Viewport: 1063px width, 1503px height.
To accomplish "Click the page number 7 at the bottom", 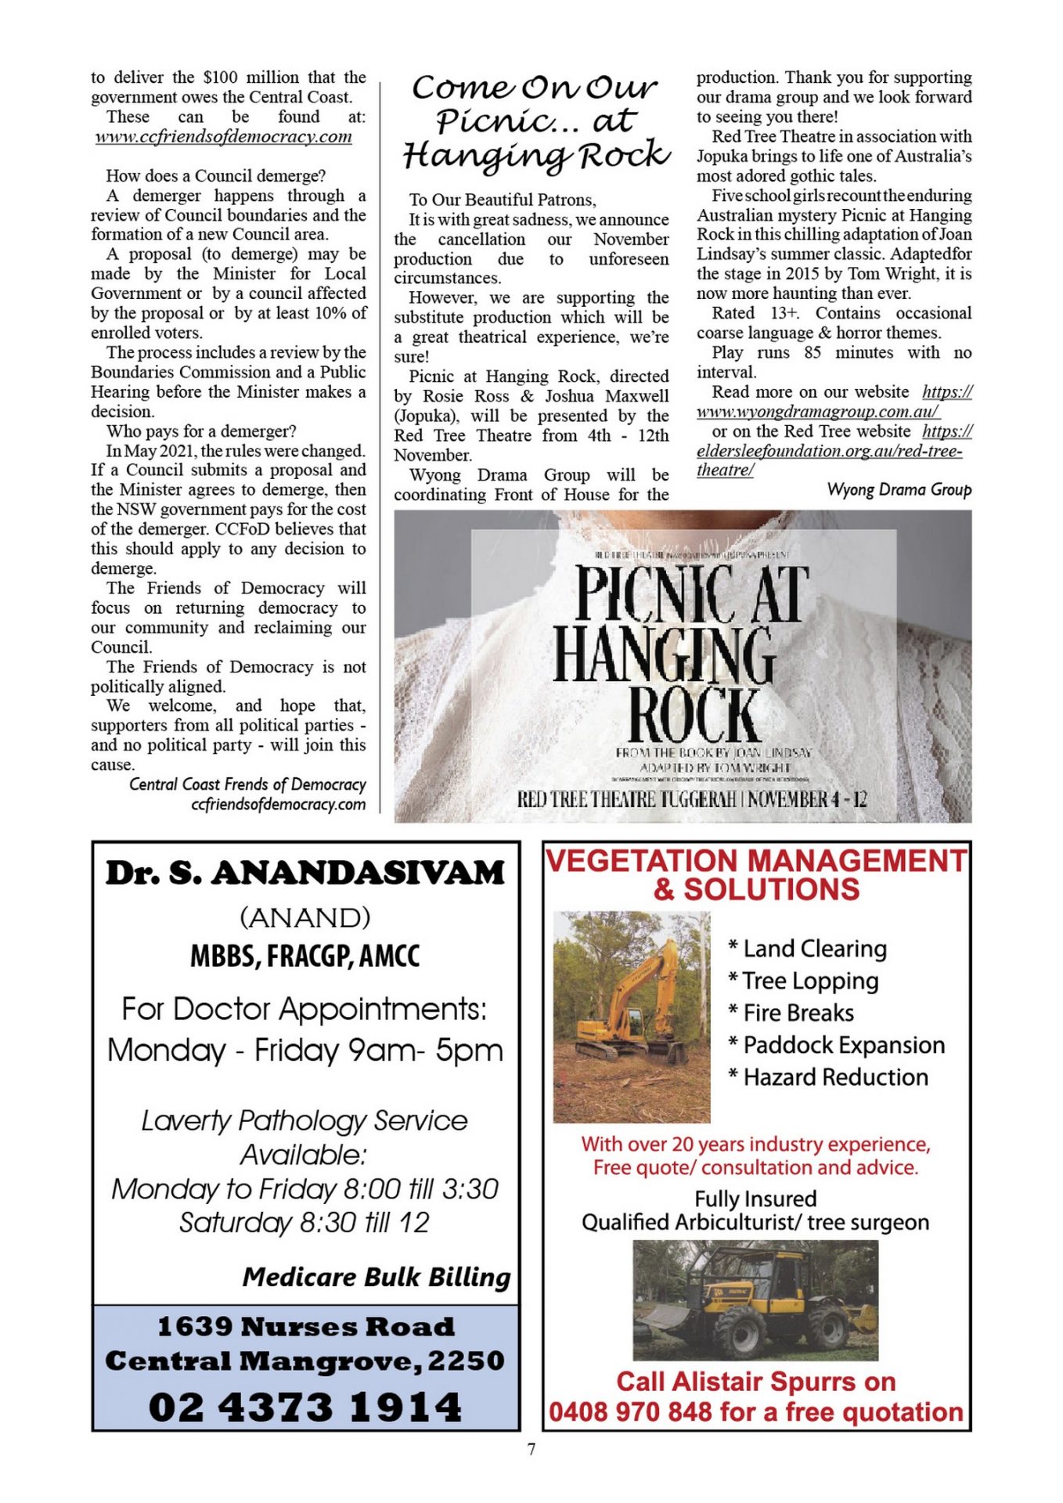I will [x=531, y=1450].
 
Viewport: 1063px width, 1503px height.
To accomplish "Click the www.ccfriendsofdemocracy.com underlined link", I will [x=223, y=136].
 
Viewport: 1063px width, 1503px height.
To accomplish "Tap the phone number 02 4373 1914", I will [x=304, y=1406].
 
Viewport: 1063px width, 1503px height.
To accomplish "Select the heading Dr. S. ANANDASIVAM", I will [x=304, y=874].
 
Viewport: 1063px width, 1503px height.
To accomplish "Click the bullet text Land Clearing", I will [x=814, y=949].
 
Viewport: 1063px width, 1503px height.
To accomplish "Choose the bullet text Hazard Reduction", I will [x=835, y=1077].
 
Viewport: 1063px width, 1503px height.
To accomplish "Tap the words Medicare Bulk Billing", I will [x=376, y=1277].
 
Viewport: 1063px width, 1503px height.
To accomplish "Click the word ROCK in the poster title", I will [x=694, y=713].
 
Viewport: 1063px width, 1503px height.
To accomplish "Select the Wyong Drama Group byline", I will [x=899, y=490].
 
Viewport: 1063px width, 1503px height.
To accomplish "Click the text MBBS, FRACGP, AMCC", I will [x=304, y=956].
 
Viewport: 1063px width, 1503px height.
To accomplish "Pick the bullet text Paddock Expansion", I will [x=844, y=1045].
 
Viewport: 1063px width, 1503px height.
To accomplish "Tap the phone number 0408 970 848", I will [x=630, y=1412].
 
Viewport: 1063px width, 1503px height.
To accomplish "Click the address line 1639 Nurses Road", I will [x=305, y=1327].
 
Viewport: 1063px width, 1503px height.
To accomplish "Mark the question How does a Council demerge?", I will [x=215, y=175].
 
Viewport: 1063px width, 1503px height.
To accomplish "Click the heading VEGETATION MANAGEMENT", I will [x=755, y=861].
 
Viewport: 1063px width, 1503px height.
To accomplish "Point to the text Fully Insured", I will [x=755, y=1198].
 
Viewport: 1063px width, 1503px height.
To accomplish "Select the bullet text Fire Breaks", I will [x=798, y=1013].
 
